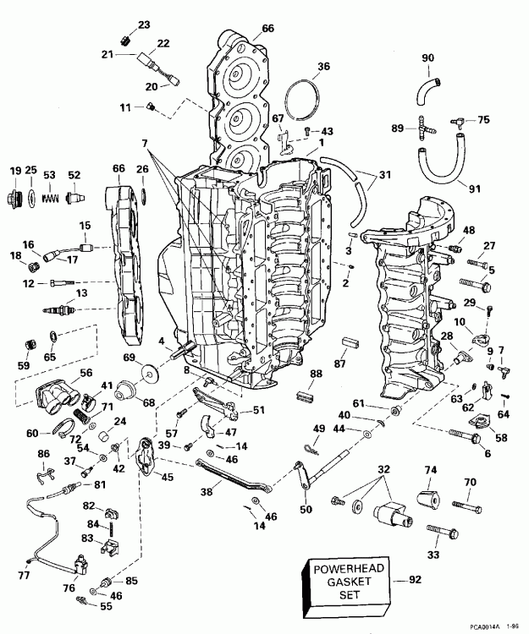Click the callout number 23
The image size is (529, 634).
(x=142, y=24)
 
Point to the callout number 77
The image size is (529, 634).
(x=23, y=575)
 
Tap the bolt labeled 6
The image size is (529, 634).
(x=459, y=437)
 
